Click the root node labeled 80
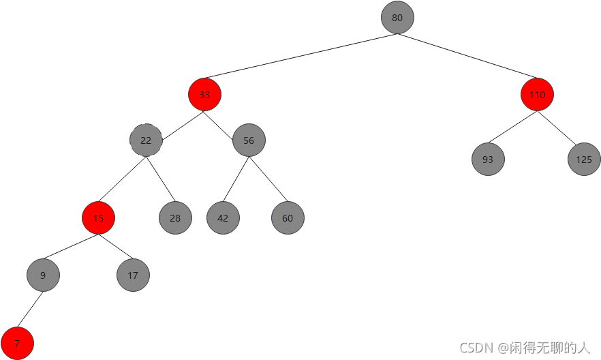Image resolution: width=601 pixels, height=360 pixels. click(397, 18)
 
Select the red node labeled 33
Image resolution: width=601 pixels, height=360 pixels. click(204, 95)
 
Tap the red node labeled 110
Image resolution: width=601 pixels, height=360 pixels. click(537, 95)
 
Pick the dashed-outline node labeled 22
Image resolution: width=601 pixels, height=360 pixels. click(146, 140)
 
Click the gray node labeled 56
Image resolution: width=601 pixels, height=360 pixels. click(249, 140)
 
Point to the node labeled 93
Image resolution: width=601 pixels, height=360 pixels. click(488, 160)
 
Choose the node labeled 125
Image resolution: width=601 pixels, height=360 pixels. click(584, 160)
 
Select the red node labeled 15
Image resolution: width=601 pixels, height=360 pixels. click(98, 218)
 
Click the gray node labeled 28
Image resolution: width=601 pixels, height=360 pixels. click(175, 218)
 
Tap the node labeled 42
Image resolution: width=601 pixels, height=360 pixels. click(223, 218)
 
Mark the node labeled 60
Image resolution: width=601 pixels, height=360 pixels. click(288, 218)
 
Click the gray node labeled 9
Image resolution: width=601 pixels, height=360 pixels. click(43, 275)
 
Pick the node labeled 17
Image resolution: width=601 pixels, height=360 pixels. click(133, 275)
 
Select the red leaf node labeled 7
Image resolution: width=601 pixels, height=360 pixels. click(17, 343)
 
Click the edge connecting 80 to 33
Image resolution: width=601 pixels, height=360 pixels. click(300, 57)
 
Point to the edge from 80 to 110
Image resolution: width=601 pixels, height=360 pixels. click(467, 57)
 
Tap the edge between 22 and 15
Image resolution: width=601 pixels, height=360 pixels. click(122, 179)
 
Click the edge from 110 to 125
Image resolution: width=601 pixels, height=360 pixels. click(560, 127)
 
